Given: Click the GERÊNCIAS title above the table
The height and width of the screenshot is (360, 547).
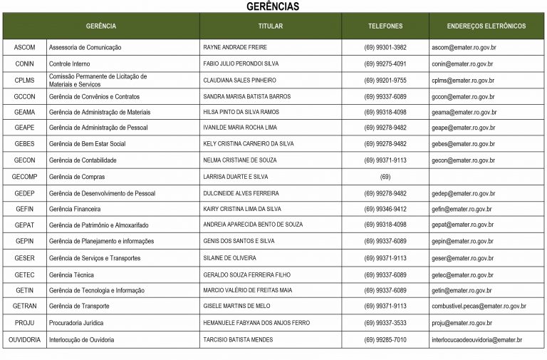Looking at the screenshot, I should (273, 6).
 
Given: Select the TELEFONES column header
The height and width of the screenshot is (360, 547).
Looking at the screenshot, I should (385, 26).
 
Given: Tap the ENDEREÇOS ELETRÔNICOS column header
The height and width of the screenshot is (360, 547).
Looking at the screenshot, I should (486, 26).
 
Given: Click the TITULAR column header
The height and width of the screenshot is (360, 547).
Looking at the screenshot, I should (270, 26).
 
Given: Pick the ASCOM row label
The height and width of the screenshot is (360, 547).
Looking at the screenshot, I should (24, 48).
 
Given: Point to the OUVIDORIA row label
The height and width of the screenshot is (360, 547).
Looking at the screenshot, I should (24, 340).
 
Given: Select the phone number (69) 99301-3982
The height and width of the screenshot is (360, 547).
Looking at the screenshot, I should (385, 48).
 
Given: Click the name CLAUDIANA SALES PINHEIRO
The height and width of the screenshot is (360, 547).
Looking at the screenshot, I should (239, 81).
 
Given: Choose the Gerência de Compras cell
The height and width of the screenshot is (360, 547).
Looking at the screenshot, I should (75, 177).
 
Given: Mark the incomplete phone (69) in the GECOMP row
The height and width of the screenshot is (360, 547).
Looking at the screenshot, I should (385, 177).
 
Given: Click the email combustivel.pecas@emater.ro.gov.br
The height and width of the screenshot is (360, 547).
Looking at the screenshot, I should (479, 307).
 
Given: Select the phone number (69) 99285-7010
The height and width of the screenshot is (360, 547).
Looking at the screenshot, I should (385, 340).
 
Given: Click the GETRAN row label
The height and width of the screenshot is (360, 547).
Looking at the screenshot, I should (24, 307).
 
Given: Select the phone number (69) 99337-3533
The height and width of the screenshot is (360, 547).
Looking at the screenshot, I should (385, 323).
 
